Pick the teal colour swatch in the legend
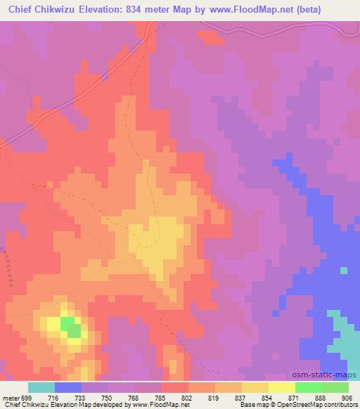coord(41,387)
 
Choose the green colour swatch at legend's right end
coord(335,387)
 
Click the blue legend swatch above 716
coord(68,387)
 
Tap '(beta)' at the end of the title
coord(340,11)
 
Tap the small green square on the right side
coord(343,270)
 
